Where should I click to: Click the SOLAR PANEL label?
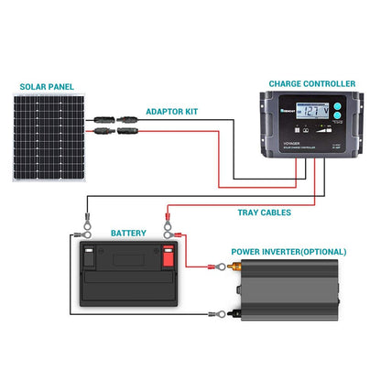click(46, 89)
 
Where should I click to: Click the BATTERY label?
click(127, 234)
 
